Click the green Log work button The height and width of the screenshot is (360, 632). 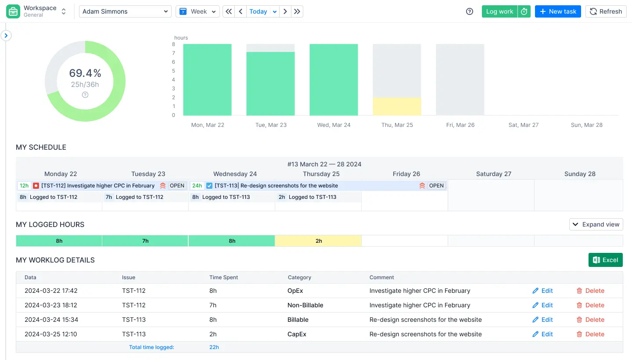[499, 11]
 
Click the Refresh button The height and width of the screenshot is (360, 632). [606, 11]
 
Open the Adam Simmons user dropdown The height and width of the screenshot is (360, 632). [125, 11]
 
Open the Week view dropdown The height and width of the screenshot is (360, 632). [197, 11]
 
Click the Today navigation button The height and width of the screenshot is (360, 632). [258, 11]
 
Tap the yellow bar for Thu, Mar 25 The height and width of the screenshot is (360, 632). [397, 106]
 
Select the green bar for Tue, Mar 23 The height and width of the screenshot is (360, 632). [270, 83]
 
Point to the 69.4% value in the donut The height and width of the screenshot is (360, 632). [85, 73]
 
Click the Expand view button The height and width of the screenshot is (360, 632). [596, 224]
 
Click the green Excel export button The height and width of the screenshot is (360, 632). [605, 260]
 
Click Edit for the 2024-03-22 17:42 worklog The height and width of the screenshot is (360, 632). [542, 291]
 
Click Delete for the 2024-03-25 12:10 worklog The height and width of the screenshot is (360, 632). [590, 334]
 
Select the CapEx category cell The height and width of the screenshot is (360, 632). [297, 334]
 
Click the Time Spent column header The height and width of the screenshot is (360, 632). [223, 277]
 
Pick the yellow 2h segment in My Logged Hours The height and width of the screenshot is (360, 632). [318, 241]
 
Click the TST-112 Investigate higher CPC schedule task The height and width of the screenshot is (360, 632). [97, 186]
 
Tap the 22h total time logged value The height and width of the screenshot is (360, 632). [214, 347]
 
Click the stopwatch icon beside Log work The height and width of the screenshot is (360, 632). [524, 11]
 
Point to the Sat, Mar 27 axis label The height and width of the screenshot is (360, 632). [523, 125]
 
